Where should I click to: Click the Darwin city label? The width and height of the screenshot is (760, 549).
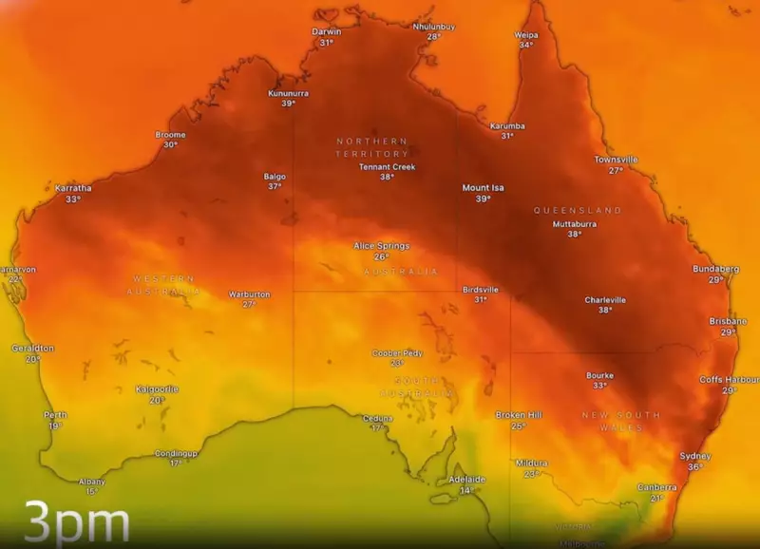(326, 31)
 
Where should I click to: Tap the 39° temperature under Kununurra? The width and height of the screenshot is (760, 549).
(287, 104)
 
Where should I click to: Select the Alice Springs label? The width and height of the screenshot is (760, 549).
(381, 246)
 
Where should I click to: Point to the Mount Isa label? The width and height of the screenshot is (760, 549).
(483, 188)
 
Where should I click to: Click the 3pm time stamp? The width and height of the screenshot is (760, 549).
(76, 523)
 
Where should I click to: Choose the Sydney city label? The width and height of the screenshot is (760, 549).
(695, 456)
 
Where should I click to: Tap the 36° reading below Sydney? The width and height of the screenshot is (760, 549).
(695, 467)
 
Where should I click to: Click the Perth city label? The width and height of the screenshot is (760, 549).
(55, 415)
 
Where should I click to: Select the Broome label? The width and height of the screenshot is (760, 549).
(170, 135)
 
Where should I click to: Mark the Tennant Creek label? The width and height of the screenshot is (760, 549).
(387, 167)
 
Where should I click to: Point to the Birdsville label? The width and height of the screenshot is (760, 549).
(480, 289)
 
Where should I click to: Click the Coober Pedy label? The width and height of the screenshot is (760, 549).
(397, 353)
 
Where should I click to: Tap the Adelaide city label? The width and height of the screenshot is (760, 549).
(466, 480)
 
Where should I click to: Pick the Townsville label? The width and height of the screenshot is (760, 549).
(616, 160)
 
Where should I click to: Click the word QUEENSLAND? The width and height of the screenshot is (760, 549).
(578, 210)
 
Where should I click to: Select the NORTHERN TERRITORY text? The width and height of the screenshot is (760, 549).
(372, 147)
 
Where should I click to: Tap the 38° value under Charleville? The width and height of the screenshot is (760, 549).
(604, 311)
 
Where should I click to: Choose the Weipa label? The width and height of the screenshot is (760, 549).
(526, 35)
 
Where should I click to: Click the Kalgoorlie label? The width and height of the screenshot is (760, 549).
(157, 389)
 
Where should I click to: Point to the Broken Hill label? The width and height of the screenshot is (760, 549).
(518, 415)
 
